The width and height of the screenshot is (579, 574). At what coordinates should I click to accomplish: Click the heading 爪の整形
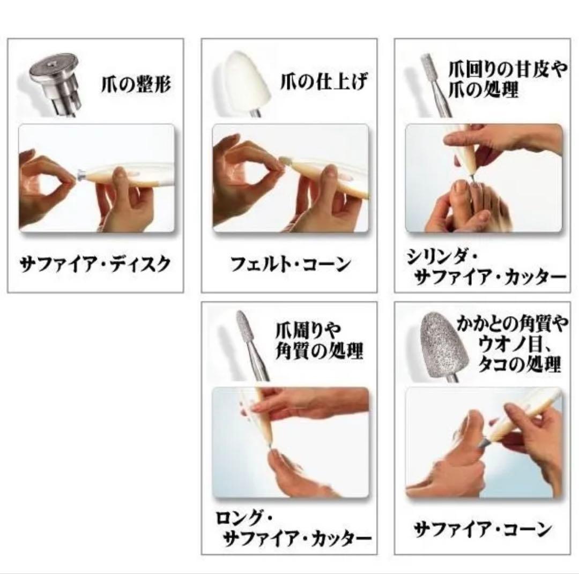tap(136, 84)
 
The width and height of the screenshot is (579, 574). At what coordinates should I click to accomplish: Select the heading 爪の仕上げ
tap(324, 83)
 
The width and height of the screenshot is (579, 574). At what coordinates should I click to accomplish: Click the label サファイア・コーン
tap(482, 530)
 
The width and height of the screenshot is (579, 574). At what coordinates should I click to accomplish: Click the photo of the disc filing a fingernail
tap(96, 178)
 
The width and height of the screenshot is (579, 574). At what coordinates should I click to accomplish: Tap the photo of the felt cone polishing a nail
tap(290, 178)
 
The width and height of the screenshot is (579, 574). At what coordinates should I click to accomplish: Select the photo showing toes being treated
tap(484, 178)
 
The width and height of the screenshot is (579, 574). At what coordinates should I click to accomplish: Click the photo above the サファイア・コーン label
tap(484, 442)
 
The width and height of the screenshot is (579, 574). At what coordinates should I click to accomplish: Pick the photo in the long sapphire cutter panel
tap(290, 442)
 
